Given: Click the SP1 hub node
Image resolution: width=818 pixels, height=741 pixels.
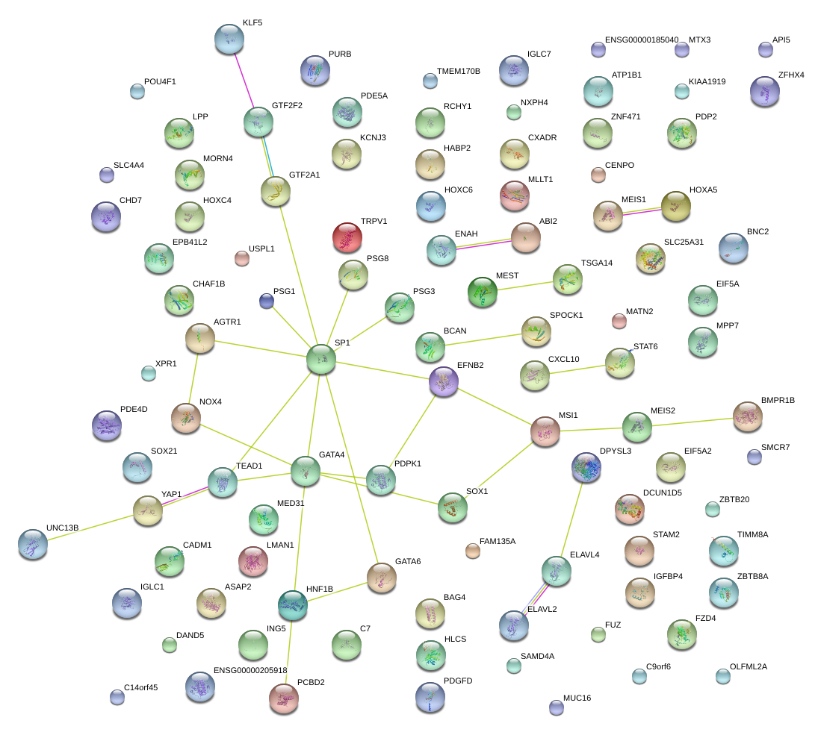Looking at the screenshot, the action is [x=321, y=360].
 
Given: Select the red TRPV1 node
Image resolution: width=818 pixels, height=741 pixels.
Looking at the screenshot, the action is [x=347, y=237].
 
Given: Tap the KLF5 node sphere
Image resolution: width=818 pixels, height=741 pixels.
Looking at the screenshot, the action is [x=229, y=39].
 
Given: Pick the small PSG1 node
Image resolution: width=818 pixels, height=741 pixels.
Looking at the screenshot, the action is [x=267, y=301].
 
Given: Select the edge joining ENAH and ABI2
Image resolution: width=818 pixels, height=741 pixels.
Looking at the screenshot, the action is [x=484, y=244].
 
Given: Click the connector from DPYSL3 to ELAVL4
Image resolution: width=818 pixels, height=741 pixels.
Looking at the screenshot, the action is [x=571, y=519].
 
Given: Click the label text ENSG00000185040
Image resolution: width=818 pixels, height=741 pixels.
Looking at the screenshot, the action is [x=642, y=40].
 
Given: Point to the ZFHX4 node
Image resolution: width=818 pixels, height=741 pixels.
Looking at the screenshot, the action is [x=764, y=92].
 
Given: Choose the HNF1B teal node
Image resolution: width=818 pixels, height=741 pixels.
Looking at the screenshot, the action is [x=293, y=604].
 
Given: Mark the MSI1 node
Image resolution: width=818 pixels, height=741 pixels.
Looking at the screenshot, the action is [x=545, y=432].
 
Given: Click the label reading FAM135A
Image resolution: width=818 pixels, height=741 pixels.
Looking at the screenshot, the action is [x=498, y=541].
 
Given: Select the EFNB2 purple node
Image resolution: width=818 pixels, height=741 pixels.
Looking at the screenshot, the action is [x=444, y=381].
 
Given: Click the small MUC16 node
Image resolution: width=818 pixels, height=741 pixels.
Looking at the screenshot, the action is [x=556, y=707].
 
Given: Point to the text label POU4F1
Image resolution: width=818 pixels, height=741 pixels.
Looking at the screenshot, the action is [x=161, y=81].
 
